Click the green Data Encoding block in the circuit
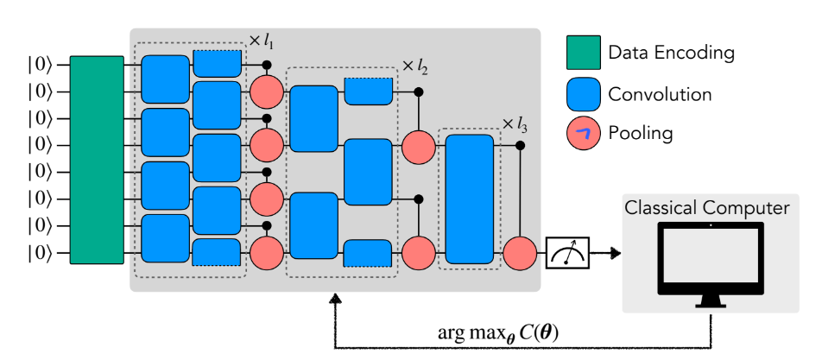97,160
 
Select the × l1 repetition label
262,41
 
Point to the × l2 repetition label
415,66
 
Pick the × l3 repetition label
515,124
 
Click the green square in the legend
581,52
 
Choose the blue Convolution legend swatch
581,92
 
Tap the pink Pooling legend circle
581,133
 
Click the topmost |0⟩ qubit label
40,64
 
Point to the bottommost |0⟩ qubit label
40,253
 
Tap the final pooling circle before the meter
520,253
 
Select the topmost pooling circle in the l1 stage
266,90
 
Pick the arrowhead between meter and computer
616,253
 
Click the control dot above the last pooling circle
520,145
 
